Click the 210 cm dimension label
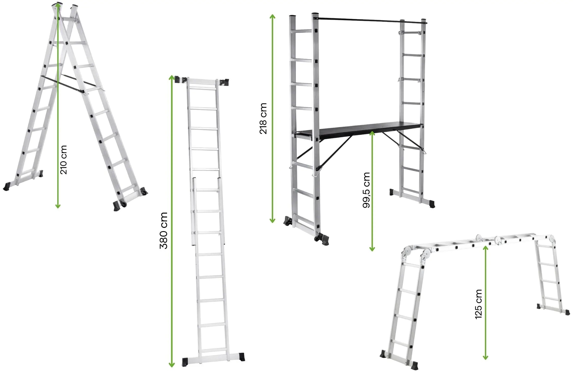[64, 160]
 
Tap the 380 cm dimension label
[163, 230]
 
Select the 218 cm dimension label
[263, 118]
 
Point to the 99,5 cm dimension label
[366, 190]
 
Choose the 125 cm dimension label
[479, 304]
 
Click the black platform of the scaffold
[359, 130]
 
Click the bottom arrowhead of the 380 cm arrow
[172, 364]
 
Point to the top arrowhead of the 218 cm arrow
[272, 17]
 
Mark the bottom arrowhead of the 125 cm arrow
[485, 357]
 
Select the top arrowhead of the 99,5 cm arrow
[372, 134]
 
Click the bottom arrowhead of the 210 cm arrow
[58, 206]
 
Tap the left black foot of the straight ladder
[185, 362]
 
